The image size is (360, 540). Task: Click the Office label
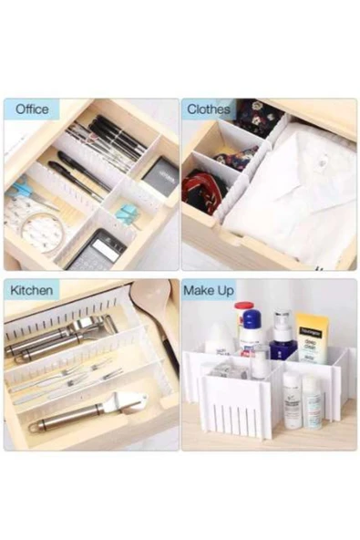[x=32, y=109]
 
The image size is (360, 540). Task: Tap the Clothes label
[x=209, y=109]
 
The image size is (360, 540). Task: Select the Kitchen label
[x=31, y=290]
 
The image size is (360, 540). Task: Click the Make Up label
[x=209, y=291]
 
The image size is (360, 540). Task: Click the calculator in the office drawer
[x=97, y=250]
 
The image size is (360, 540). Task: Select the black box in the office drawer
[x=160, y=176]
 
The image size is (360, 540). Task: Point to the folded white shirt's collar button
[x=324, y=160]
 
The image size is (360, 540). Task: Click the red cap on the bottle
[x=244, y=306]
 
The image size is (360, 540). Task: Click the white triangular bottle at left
[x=220, y=338]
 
